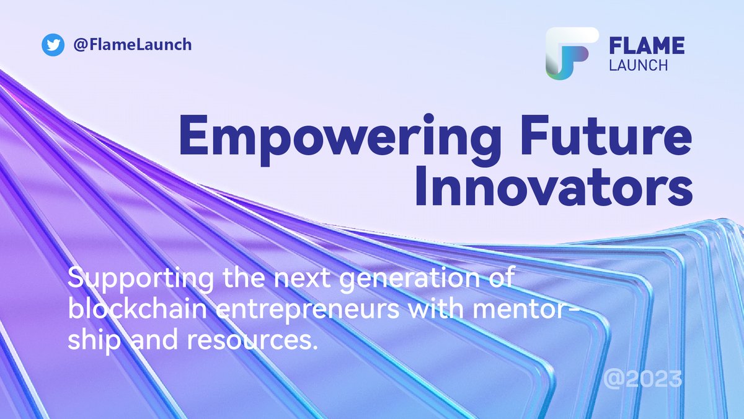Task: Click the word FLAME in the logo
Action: point(645,46)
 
